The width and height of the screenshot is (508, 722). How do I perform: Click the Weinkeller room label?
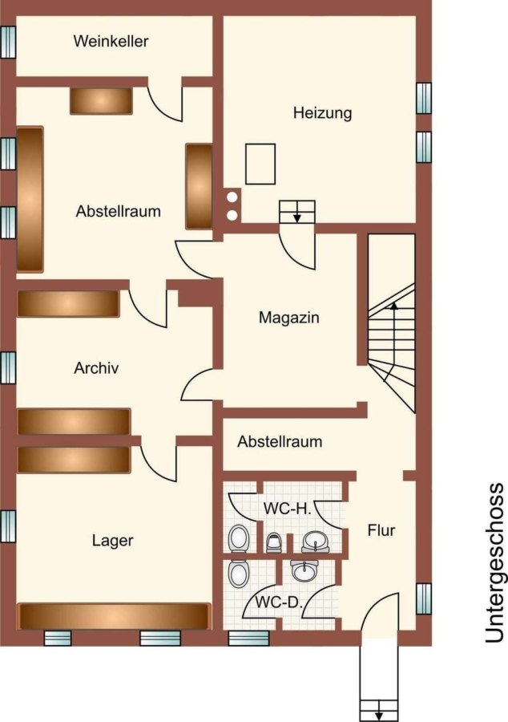tap(111, 41)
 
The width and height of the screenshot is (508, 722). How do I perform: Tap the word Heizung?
tap(323, 113)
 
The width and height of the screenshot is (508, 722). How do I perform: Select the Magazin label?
tap(288, 317)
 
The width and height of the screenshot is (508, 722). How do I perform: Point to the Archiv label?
tap(96, 368)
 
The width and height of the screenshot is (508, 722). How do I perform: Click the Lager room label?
tap(113, 540)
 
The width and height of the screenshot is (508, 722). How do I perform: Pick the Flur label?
tap(381, 530)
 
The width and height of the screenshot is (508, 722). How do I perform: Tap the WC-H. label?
tap(288, 509)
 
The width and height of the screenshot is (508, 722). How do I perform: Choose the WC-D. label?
tap(279, 602)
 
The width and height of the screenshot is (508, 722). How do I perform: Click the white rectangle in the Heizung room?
tap(260, 164)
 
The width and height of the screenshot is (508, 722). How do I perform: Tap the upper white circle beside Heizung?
tap(232, 197)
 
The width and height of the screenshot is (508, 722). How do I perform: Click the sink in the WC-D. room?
tap(304, 571)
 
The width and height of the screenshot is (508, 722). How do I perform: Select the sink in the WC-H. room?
tap(316, 542)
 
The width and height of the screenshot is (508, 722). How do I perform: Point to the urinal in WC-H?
tap(273, 542)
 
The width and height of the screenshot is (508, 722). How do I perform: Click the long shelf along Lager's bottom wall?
tap(115, 617)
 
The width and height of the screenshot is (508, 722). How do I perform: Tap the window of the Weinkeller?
tap(8, 42)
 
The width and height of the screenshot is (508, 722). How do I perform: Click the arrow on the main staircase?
tap(392, 342)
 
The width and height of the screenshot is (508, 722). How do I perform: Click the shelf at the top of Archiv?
tap(68, 303)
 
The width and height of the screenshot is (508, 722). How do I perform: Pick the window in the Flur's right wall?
tap(424, 598)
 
